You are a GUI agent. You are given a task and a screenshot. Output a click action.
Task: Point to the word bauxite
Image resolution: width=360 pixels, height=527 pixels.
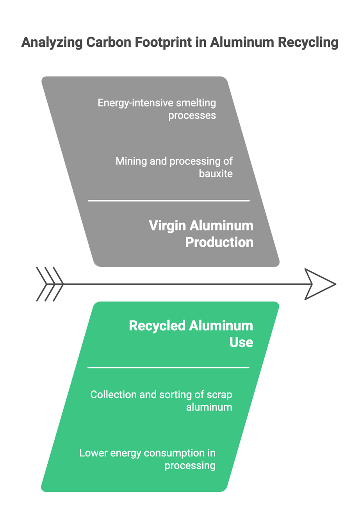point(216,174)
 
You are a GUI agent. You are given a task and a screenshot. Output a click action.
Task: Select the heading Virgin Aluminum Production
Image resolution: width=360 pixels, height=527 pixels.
point(201,234)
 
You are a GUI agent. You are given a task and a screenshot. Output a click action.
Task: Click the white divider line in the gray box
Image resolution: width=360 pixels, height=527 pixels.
point(169,201)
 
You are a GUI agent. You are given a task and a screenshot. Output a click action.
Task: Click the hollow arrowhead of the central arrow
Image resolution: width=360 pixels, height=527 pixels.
point(318,284)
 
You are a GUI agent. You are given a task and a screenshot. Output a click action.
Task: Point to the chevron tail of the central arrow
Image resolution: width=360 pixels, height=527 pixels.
point(50,284)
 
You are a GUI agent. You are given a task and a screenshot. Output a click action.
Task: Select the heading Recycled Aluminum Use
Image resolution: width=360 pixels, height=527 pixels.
point(191,334)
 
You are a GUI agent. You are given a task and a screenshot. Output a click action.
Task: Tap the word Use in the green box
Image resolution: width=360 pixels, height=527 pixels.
point(241,342)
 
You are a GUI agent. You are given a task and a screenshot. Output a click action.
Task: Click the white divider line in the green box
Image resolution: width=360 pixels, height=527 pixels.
point(168,367)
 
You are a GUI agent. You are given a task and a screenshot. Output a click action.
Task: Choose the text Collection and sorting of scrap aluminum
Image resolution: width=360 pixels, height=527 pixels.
point(161,401)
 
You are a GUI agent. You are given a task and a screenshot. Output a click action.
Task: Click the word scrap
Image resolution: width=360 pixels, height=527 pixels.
point(219,395)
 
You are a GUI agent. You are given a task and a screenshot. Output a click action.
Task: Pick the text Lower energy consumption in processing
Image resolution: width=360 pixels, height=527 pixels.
point(148,459)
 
